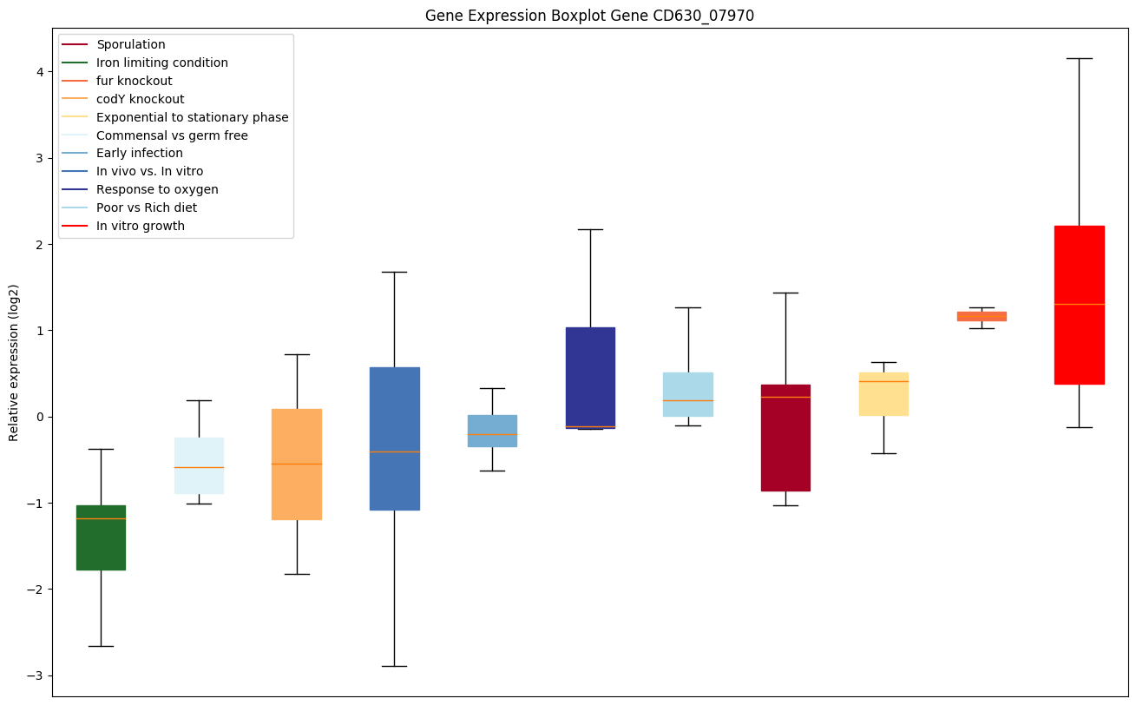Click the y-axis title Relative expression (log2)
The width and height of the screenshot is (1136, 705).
[x=13, y=362]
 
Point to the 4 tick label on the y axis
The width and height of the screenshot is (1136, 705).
[x=40, y=72]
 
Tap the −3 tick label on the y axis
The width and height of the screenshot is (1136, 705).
[x=36, y=675]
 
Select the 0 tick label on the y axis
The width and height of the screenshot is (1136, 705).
[x=40, y=417]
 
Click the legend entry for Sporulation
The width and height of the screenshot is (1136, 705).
[x=131, y=44]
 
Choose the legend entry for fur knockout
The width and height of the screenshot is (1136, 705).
[x=135, y=81]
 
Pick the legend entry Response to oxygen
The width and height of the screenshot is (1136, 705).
[x=157, y=189]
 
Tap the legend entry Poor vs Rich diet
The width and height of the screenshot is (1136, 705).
[x=147, y=208]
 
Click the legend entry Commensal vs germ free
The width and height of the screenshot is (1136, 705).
[x=172, y=135]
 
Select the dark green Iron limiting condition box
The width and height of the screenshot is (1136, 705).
[x=101, y=537]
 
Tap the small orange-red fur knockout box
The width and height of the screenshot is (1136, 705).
[x=982, y=316]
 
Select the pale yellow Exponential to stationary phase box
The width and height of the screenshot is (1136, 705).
[x=883, y=394]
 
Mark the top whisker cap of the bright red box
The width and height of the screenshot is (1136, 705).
[x=1079, y=58]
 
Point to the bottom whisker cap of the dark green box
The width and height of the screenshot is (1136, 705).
[x=101, y=646]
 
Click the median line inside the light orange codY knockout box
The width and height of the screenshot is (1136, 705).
[x=297, y=464]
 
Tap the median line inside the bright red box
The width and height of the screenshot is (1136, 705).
[x=1079, y=304]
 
